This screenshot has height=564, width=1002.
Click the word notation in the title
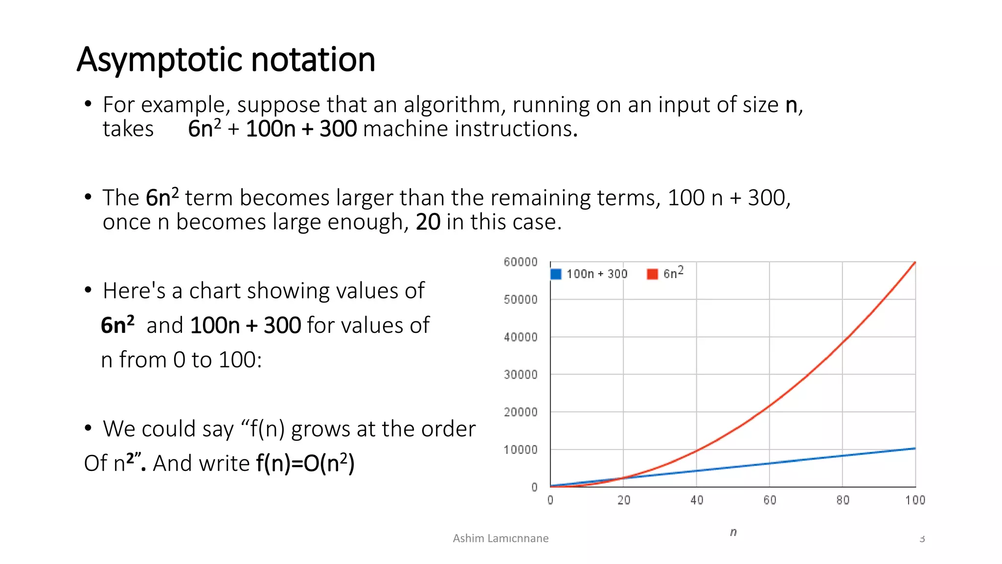[x=313, y=60]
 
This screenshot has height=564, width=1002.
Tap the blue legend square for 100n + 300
[x=556, y=274]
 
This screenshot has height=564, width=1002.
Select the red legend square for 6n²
[x=652, y=274]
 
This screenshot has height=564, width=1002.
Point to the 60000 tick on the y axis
[x=521, y=262]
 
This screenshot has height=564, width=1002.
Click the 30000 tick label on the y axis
[x=521, y=375]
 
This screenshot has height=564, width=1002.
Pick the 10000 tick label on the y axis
[x=521, y=449]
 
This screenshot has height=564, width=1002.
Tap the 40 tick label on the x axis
[x=697, y=500]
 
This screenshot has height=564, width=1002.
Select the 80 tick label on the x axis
[x=843, y=500]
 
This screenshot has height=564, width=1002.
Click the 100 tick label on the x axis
[x=915, y=500]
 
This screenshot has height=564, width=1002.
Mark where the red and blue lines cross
[x=623, y=478]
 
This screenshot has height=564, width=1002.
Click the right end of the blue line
[x=915, y=448]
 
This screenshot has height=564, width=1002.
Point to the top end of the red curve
[x=915, y=262]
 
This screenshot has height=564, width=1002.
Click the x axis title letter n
[x=733, y=532]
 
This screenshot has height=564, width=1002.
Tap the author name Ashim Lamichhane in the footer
[x=501, y=539]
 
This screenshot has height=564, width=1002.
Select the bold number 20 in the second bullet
[x=428, y=222]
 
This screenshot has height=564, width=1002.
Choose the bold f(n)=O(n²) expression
[x=305, y=463]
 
